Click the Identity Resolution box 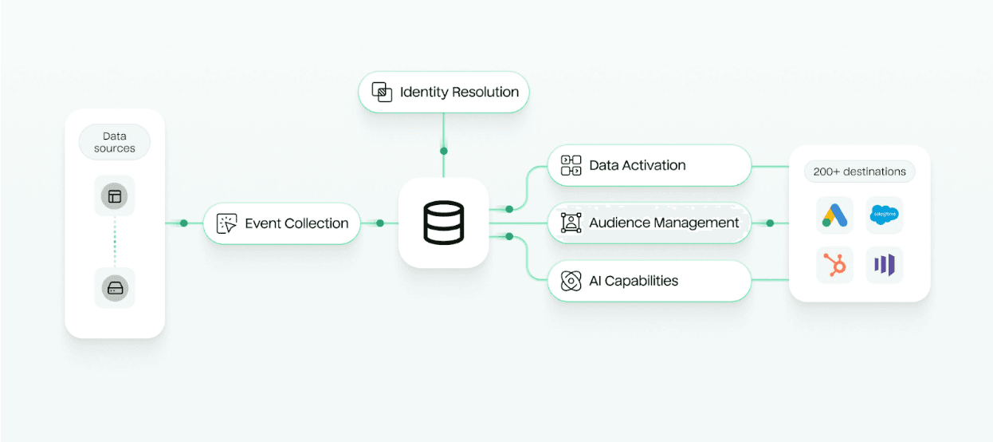pos(444,93)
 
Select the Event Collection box pos(281,223)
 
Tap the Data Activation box pos(649,166)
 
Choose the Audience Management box pos(649,223)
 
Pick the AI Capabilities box pos(649,281)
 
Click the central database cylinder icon pos(443,223)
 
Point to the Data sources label pos(115,142)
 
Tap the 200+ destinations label pos(859,172)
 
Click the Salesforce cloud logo pos(885,215)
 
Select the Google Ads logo pos(834,215)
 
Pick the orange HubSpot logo pos(834,265)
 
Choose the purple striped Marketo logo pos(885,265)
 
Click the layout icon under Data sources pos(115,196)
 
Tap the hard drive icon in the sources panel pos(115,288)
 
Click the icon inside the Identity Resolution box pos(383,93)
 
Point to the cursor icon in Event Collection pos(227,223)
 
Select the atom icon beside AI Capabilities pos(571,281)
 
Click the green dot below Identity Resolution pos(444,151)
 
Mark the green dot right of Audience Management pos(770,223)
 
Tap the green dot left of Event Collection pos(183,223)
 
